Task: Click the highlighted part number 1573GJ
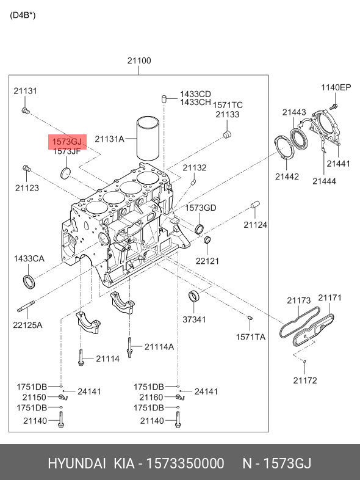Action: [x=67, y=142]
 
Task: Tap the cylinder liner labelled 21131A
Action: [x=148, y=138]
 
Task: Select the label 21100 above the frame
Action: [x=139, y=60]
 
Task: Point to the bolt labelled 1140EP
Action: [x=334, y=106]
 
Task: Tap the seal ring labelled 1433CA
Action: [x=29, y=282]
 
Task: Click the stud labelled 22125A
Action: [x=26, y=307]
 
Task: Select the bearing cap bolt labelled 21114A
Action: [x=130, y=347]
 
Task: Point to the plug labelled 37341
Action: [x=193, y=296]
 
